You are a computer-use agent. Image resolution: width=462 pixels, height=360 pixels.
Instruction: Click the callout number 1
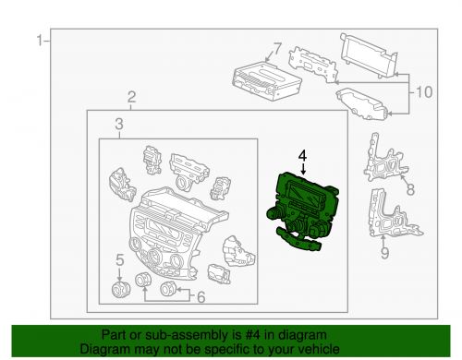tap(40, 41)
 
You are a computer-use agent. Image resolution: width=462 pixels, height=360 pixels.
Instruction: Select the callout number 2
tap(131, 97)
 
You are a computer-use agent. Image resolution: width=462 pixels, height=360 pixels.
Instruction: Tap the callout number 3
tap(119, 125)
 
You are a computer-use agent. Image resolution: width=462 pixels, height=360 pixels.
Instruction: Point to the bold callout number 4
tap(302, 156)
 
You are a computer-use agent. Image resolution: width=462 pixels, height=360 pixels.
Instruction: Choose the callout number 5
tap(119, 260)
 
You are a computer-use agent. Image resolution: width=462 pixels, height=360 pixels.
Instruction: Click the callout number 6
tap(201, 297)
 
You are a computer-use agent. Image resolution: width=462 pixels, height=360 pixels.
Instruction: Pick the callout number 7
tap(277, 49)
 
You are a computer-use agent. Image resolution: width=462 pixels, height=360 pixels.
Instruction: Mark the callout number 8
tap(410, 189)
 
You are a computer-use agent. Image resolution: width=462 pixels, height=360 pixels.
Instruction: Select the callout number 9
tap(384, 253)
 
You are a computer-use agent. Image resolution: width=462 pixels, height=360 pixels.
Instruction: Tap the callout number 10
tap(424, 92)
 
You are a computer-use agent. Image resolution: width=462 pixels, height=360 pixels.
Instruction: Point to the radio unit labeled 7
tap(267, 80)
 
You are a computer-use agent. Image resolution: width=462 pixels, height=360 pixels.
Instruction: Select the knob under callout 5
tap(120, 289)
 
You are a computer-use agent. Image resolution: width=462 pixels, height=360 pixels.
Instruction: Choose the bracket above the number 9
tap(394, 214)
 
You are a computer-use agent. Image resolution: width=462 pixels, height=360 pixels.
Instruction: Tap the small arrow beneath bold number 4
tap(304, 169)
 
